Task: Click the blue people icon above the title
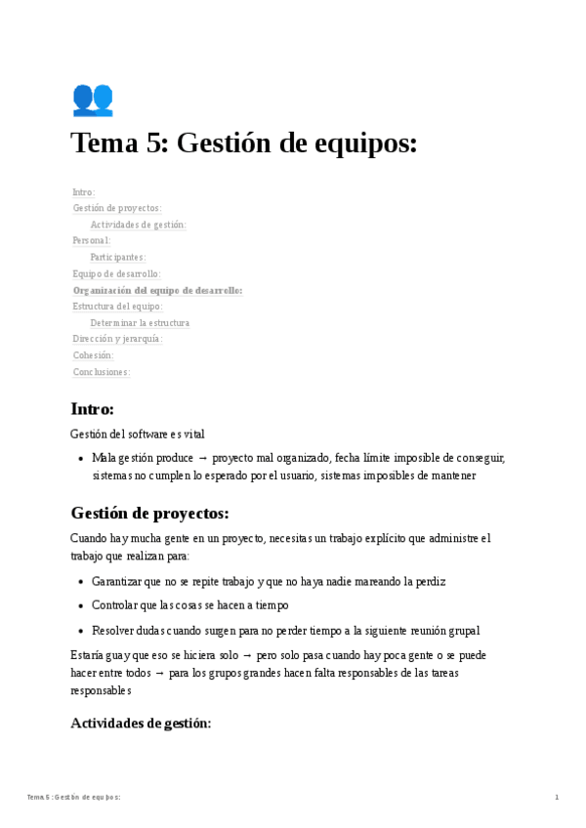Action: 93,100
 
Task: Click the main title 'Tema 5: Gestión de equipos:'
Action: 244,144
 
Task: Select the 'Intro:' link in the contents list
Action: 84,192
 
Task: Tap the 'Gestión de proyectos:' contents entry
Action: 117,208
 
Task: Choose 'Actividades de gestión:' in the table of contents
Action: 138,225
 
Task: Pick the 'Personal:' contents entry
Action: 92,240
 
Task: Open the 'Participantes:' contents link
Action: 118,257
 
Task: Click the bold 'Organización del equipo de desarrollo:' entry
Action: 157,290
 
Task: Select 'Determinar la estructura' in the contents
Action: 140,322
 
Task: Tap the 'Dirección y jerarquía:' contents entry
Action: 117,339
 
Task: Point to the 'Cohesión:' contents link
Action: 94,355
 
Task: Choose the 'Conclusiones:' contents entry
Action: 102,372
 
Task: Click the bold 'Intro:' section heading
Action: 92,409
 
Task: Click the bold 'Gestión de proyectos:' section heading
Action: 149,513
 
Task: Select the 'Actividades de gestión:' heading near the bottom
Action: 141,724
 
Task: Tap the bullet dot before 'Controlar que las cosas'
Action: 80,605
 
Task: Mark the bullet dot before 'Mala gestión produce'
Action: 80,458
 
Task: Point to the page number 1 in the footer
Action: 557,798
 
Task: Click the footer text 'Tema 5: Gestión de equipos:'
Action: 74,798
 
